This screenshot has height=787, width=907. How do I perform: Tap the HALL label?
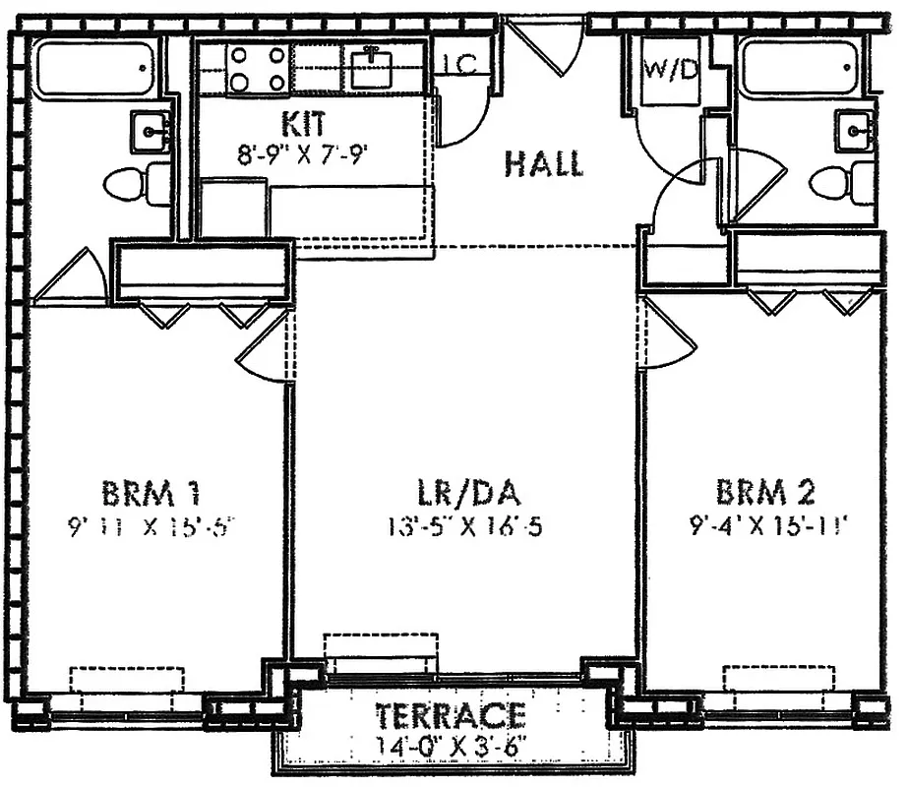coord(543,163)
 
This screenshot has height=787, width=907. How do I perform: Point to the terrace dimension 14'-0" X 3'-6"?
coord(452,743)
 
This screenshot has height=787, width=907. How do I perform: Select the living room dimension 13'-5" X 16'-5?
coord(465,526)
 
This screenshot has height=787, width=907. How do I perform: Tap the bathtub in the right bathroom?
coord(799,68)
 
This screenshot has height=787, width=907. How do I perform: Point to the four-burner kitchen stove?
coord(257,69)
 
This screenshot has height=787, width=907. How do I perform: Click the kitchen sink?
coord(372,67)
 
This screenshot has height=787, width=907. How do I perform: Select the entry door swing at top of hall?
coord(548,47)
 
